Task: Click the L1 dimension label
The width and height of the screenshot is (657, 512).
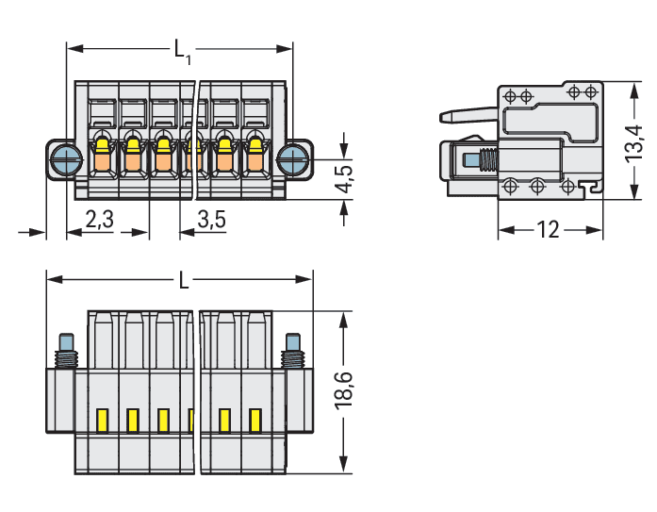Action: (x=182, y=49)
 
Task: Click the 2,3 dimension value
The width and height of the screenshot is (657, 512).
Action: (x=99, y=220)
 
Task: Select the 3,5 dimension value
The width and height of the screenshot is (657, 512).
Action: (x=212, y=220)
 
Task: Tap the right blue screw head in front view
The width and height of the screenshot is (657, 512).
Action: (x=294, y=158)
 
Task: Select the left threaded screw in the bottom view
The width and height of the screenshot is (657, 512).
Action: (x=67, y=351)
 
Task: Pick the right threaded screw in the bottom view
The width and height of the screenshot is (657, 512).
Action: (x=292, y=351)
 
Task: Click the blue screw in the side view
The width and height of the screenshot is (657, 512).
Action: (x=475, y=160)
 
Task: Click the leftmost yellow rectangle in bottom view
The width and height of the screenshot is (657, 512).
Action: (x=103, y=419)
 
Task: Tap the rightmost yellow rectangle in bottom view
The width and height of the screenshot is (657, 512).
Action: (x=255, y=419)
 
